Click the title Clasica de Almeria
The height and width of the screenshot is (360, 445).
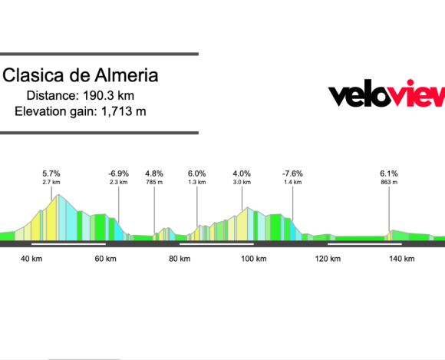[x=81, y=76]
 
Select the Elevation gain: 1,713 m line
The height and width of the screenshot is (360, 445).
[x=81, y=112]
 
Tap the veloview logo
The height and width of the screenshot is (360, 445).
[x=387, y=95]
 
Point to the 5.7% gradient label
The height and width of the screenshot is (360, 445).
[x=51, y=173]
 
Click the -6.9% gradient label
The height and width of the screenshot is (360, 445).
[x=118, y=173]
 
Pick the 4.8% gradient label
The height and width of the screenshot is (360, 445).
[x=154, y=173]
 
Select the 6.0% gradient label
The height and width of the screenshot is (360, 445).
[x=197, y=173]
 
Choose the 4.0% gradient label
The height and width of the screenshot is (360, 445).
[x=242, y=173]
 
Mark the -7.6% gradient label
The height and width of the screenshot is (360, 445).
[x=292, y=173]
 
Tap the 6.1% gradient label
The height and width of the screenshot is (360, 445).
[x=390, y=173]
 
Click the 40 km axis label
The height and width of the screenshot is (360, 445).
[x=31, y=259]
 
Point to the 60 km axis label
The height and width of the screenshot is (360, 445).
[x=106, y=259]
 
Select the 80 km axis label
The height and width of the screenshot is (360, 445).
[x=180, y=259]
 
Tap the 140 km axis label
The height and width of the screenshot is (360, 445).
[x=401, y=259]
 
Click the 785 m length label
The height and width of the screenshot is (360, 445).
[x=154, y=183]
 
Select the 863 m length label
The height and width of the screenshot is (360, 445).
[x=390, y=183]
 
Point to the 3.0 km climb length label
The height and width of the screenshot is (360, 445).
[x=242, y=183]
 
